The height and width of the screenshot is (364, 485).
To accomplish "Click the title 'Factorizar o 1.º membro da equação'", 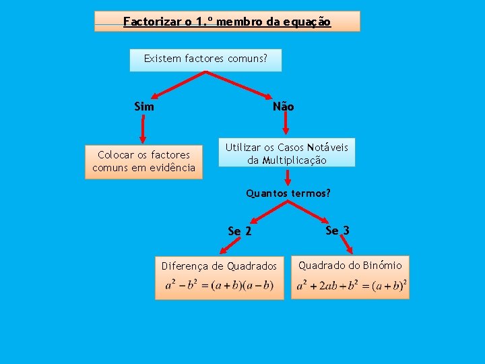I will (x=227, y=22).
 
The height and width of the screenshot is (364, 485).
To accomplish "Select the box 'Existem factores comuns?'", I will (x=205, y=59).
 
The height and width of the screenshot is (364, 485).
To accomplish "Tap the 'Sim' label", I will (x=144, y=107).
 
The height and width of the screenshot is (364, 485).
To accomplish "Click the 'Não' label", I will (x=283, y=107).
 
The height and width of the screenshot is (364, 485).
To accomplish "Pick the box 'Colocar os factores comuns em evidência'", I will (x=143, y=162).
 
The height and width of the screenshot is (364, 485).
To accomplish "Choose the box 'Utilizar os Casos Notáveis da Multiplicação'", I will (x=287, y=154).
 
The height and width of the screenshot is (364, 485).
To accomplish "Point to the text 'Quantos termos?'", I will (x=288, y=193).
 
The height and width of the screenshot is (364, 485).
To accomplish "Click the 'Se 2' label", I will (x=240, y=231).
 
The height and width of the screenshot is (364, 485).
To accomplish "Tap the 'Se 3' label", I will (x=337, y=231).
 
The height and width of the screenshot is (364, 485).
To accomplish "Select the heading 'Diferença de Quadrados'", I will (x=219, y=266).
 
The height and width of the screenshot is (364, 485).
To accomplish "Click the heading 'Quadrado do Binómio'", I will (x=350, y=266).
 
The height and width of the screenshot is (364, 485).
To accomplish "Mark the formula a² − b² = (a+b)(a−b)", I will (x=219, y=285).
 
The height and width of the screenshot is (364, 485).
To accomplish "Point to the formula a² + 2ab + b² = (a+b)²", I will (x=352, y=285).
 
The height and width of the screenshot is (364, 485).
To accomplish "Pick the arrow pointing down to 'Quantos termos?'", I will (x=288, y=177).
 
